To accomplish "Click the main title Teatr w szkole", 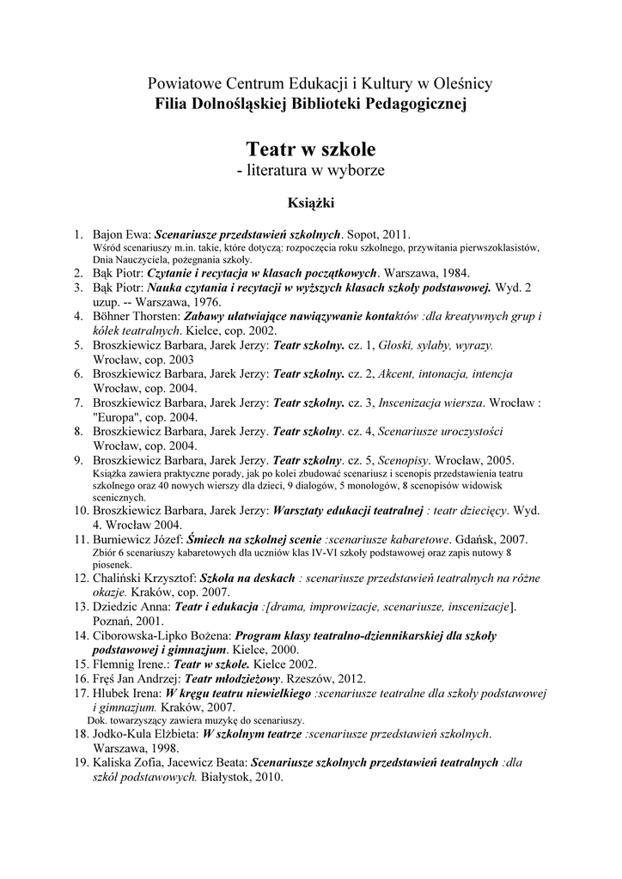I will click(310, 149).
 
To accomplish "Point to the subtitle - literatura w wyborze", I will click(310, 171).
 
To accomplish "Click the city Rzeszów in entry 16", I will click(315, 678).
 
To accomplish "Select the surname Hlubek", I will click(111, 693).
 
